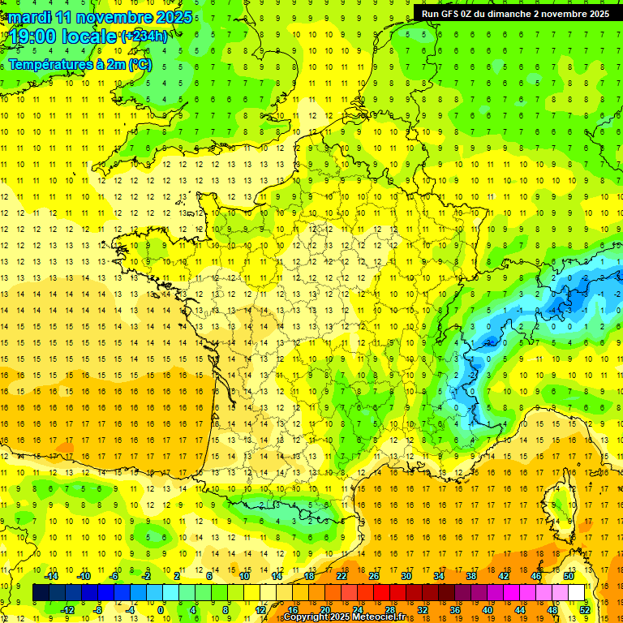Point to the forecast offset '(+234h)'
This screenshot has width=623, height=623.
click(x=144, y=36)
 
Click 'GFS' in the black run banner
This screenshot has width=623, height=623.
click(x=454, y=14)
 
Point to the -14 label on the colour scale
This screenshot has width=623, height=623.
click(x=54, y=576)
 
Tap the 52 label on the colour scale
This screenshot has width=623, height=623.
click(x=585, y=609)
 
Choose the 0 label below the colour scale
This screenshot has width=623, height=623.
click(x=161, y=609)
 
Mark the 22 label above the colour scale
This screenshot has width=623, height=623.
click(x=342, y=576)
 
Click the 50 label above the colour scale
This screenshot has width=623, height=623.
click(x=569, y=576)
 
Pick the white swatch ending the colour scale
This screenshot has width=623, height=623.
click(x=577, y=593)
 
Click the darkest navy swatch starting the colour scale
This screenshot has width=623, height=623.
click(x=41, y=593)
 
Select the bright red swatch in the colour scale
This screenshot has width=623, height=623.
click(x=381, y=593)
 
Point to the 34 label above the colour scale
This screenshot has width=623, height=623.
click(x=439, y=576)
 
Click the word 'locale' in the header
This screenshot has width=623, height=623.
click(x=90, y=37)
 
